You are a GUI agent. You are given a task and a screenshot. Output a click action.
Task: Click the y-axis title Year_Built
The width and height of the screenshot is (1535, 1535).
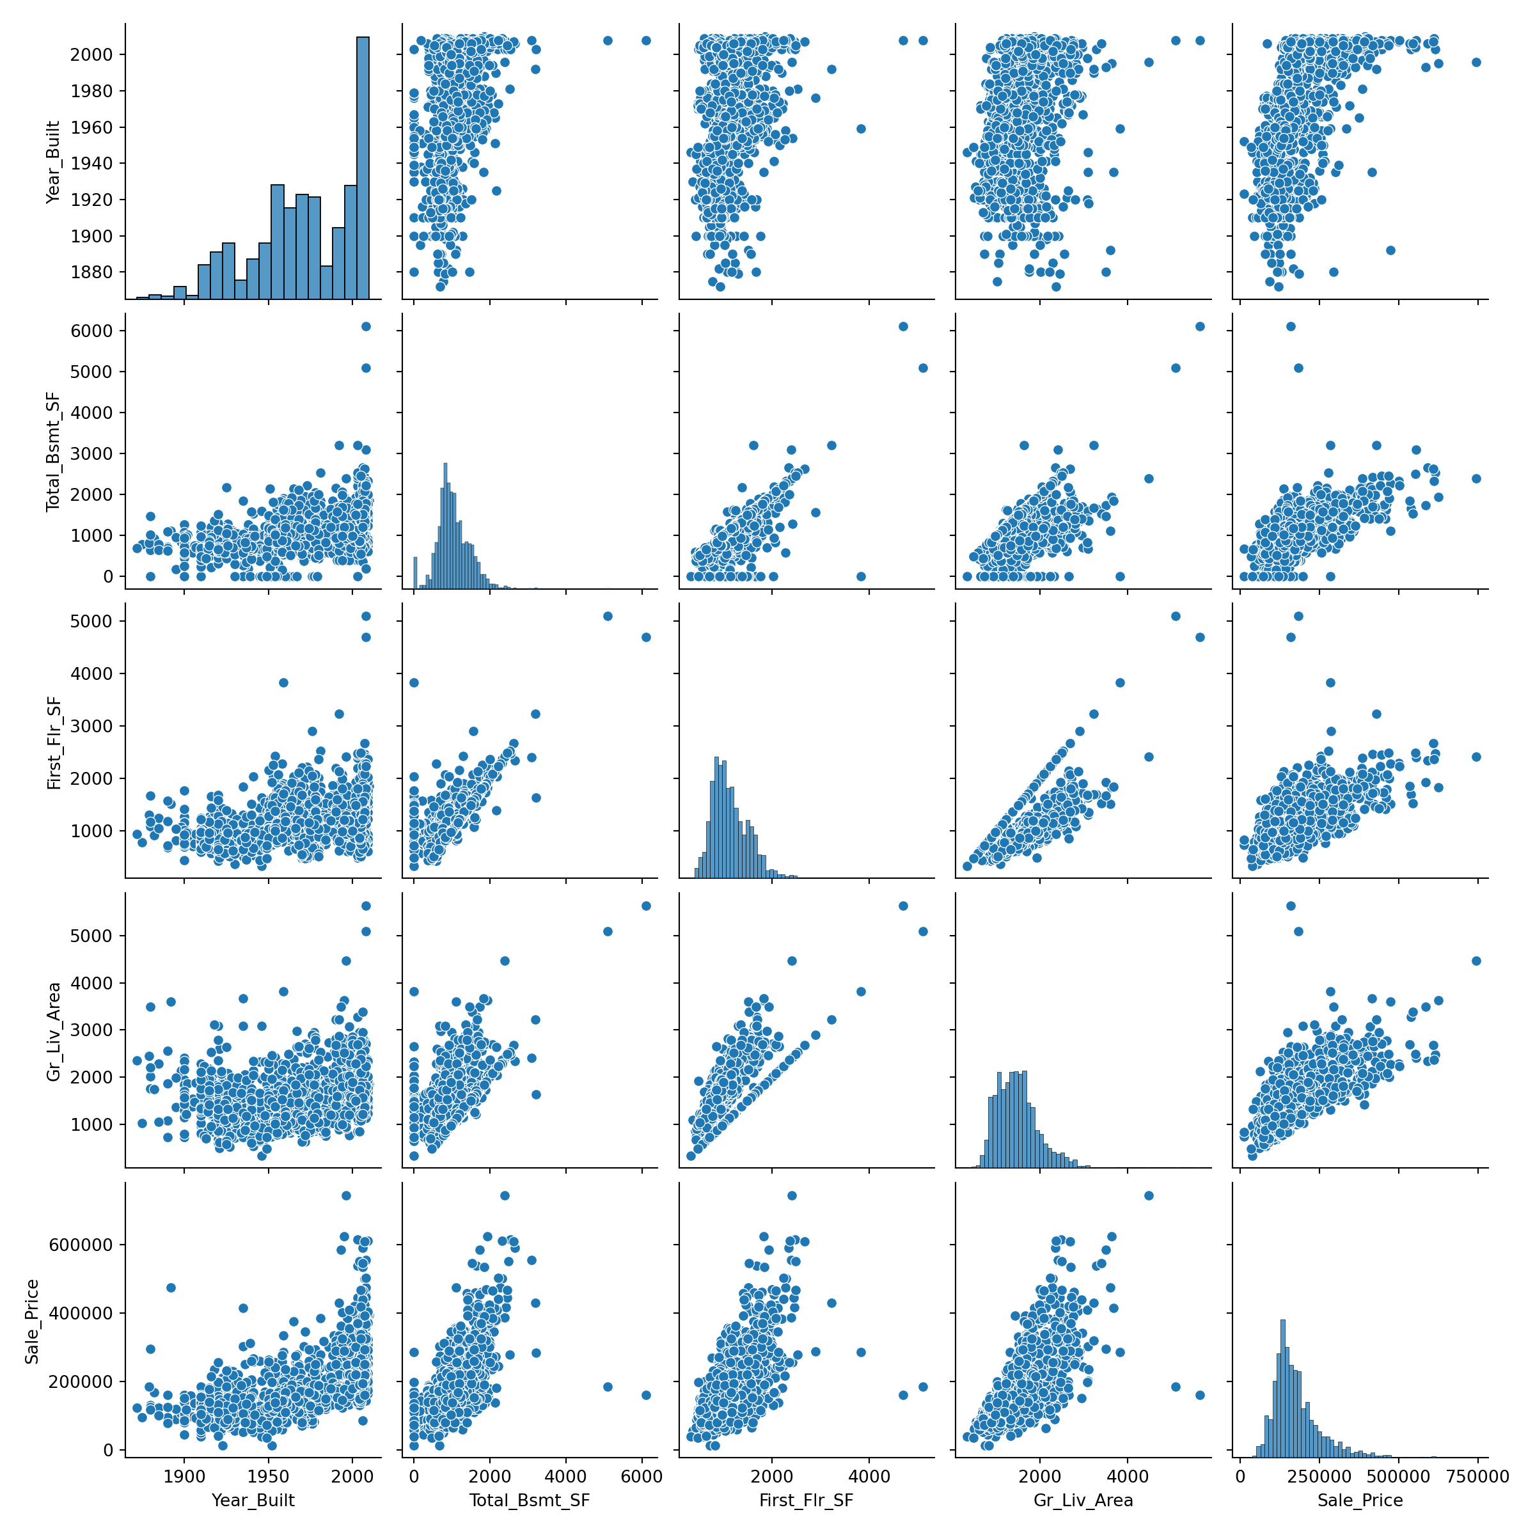coord(52,162)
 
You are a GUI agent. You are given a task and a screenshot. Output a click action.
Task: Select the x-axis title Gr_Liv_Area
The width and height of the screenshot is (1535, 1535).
coord(1083,1500)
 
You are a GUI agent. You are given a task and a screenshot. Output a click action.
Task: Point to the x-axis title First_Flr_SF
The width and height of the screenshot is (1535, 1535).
coord(807,1500)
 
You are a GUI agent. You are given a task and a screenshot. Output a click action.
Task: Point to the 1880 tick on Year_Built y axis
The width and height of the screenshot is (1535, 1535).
coord(91,272)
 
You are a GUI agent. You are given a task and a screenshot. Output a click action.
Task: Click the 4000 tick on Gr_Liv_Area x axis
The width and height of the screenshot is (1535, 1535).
coord(1128,1477)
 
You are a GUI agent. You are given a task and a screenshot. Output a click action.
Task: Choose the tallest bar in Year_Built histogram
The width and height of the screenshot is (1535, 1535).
coord(362,167)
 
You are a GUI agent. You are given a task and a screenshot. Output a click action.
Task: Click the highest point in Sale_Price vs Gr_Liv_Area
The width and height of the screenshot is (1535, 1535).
coord(1148,1196)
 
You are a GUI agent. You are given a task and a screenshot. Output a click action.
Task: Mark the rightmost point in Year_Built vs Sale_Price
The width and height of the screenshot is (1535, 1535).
coord(1476,62)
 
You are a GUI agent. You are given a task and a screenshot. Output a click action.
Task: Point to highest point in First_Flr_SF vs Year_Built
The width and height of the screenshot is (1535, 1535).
coord(365,616)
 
